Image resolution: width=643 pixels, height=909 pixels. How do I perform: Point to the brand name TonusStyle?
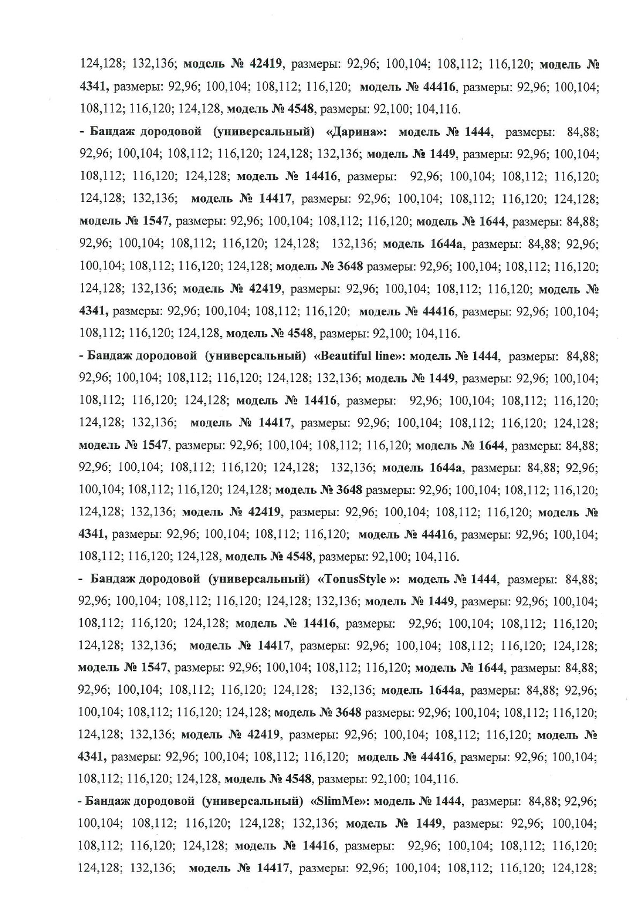point(359,579)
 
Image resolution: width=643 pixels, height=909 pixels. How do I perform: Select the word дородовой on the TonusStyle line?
point(169,579)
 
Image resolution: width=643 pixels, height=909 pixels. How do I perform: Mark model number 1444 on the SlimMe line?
point(448,802)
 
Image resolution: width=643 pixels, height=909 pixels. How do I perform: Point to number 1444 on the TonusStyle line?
point(484,579)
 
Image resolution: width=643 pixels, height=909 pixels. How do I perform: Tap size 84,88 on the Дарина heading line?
point(581,132)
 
